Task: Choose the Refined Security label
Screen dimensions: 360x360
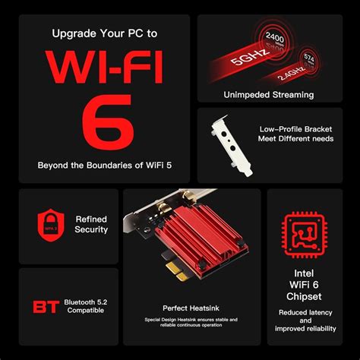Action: [91, 224]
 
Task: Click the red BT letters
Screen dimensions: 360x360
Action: [44, 308]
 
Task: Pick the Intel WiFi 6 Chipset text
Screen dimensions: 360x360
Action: [305, 287]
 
